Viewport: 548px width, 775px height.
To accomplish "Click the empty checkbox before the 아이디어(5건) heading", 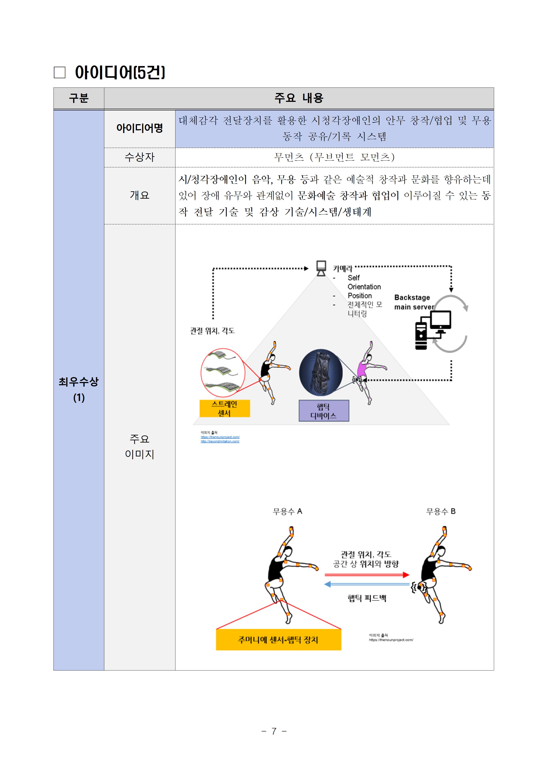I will click(59, 72).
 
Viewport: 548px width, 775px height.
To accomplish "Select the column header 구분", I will click(79, 98).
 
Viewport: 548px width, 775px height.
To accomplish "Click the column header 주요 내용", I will click(299, 98).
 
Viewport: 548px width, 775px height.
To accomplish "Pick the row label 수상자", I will click(139, 157).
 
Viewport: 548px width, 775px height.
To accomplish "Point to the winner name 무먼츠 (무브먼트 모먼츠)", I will click(334, 157).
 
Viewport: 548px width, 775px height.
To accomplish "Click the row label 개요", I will click(139, 195).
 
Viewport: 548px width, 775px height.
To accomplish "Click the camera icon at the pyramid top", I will click(321, 268).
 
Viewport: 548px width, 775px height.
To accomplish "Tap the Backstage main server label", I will click(414, 302).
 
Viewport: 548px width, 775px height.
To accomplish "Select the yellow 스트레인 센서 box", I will click(225, 408).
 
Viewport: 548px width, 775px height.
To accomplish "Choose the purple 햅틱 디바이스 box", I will click(323, 411).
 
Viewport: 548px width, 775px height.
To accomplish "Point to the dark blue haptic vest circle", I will click(321, 373).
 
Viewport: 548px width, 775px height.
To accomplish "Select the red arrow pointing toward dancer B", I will click(366, 574).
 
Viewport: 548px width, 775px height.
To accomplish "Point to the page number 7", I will click(274, 731).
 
